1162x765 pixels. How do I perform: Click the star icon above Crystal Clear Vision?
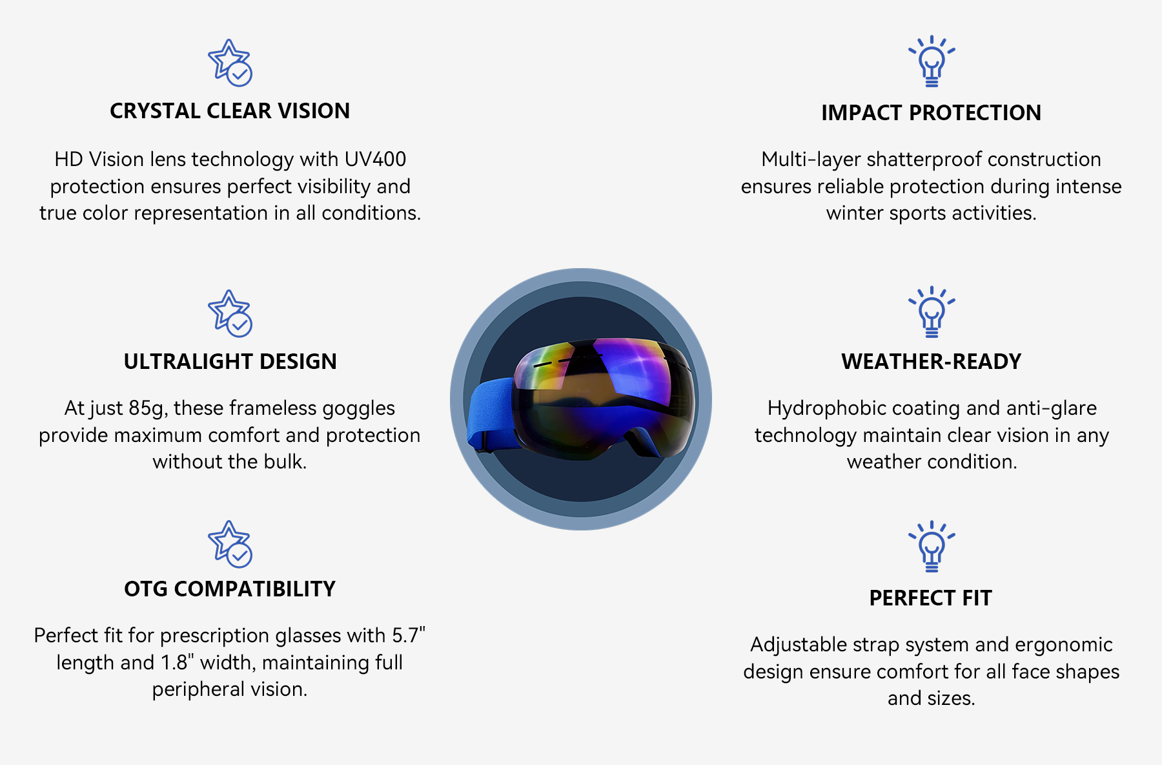(230, 63)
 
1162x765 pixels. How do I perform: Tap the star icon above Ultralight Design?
(230, 313)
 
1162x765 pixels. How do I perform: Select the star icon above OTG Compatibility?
(230, 544)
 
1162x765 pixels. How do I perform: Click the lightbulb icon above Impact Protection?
(932, 61)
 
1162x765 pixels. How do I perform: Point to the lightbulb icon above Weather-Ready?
(932, 312)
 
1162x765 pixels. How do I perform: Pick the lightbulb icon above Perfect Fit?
(932, 547)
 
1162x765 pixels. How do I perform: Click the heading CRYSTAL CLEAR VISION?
(230, 111)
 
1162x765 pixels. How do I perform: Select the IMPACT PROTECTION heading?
(931, 113)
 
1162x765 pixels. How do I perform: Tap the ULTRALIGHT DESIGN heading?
(230, 362)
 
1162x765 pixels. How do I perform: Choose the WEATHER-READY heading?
(932, 362)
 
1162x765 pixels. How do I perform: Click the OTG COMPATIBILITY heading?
(230, 589)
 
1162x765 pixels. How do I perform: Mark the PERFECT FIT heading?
(931, 598)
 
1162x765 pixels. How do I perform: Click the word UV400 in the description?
(375, 160)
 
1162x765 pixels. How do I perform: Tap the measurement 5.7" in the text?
(409, 636)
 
